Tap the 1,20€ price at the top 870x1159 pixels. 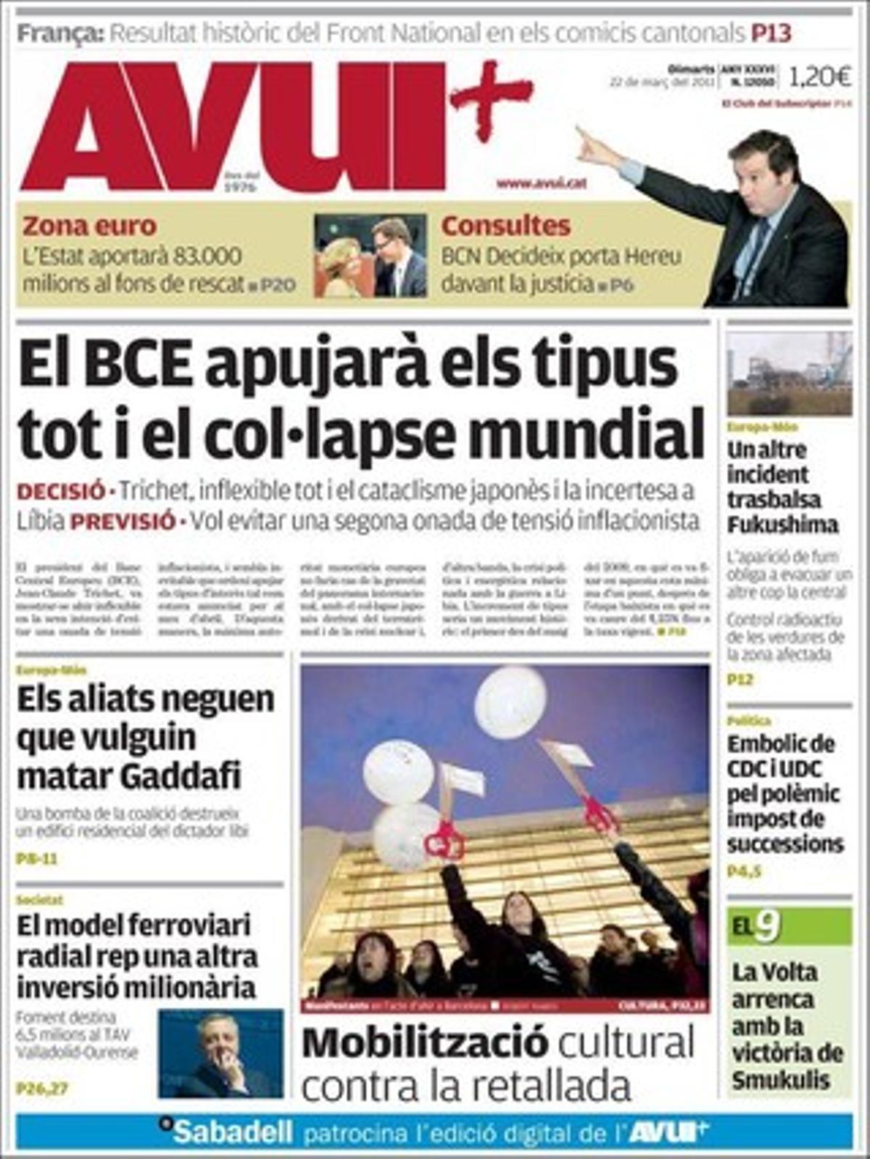click(820, 75)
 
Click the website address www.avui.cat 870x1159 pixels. click(541, 183)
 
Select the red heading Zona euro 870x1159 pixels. click(89, 226)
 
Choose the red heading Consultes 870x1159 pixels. click(505, 226)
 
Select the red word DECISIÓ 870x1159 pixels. click(61, 491)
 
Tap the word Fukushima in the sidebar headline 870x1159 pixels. click(782, 524)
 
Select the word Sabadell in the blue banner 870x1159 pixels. click(232, 1131)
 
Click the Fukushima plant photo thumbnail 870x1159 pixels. click(789, 373)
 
